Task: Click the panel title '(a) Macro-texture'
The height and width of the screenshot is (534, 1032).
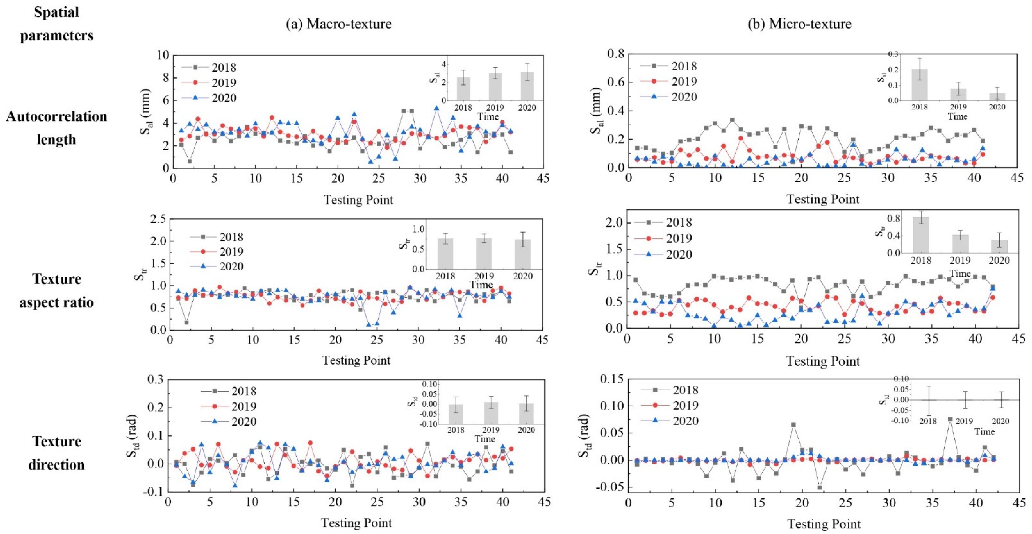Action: tap(339, 24)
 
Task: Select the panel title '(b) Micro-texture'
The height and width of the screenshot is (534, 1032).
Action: tap(800, 24)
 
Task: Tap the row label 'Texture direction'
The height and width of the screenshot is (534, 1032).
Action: tap(56, 453)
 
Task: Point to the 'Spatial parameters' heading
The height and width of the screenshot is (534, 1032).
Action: tap(56, 24)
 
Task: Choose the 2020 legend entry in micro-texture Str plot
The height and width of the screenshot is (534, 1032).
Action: tap(663, 255)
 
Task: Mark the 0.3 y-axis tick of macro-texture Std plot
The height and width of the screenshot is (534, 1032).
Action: tap(155, 379)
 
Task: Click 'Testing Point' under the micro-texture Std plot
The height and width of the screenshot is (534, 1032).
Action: tap(824, 524)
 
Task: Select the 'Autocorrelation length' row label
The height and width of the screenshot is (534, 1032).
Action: tap(56, 128)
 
